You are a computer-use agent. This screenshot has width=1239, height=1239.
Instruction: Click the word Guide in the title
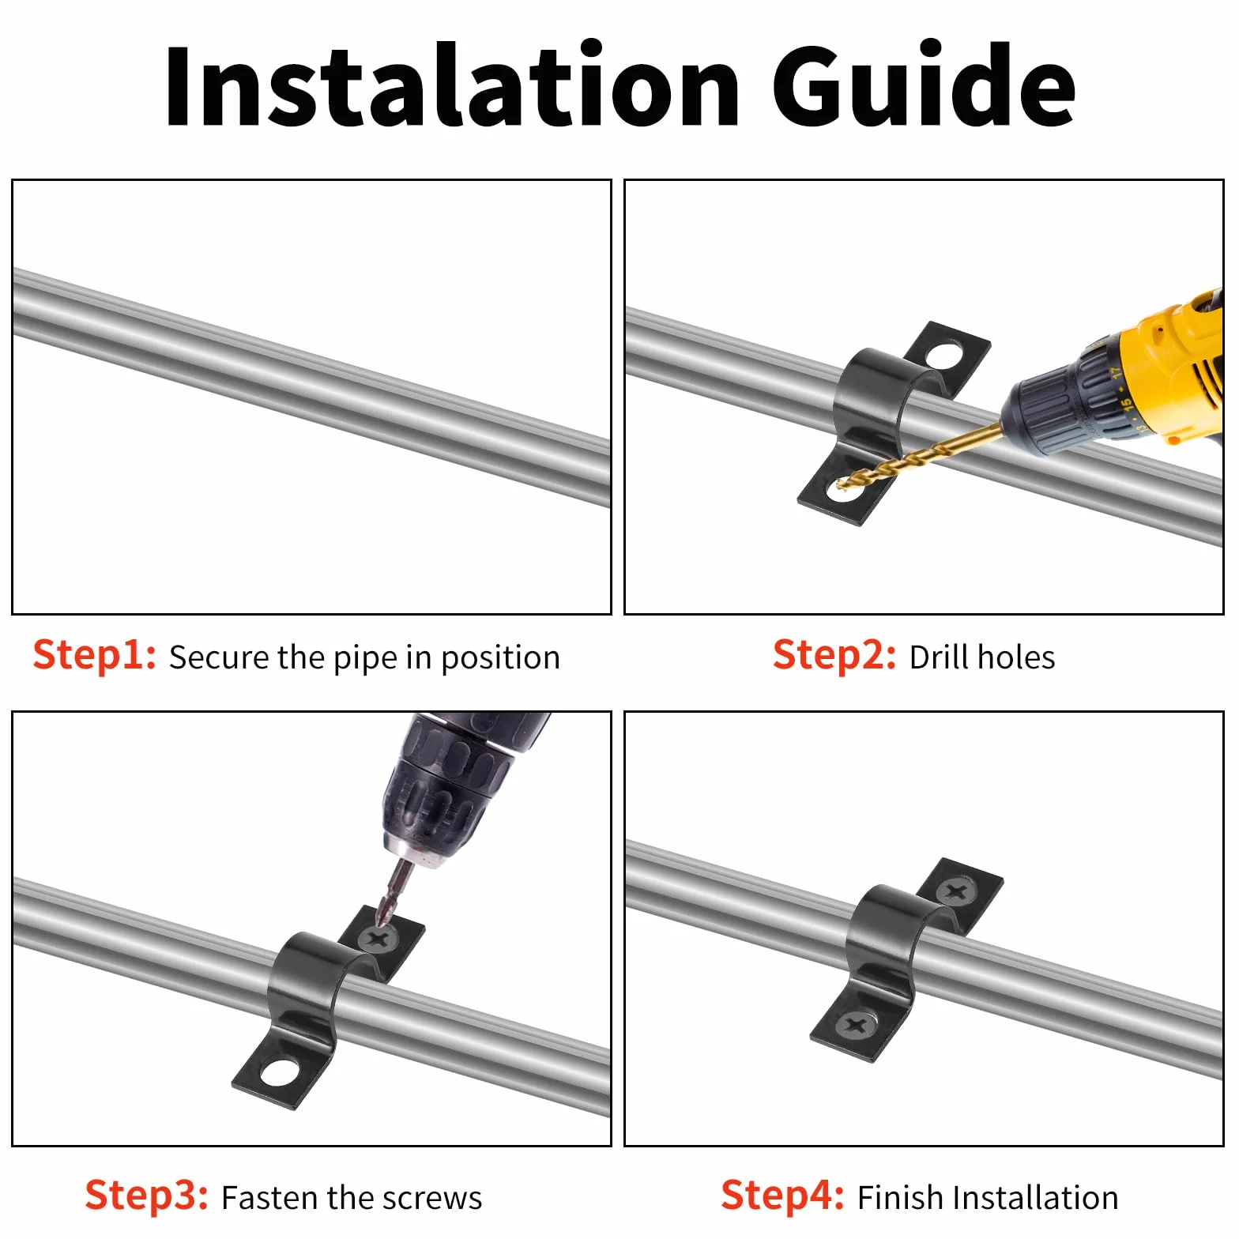924,85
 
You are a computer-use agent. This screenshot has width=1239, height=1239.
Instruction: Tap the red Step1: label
95,656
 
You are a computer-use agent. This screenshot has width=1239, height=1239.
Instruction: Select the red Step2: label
834,656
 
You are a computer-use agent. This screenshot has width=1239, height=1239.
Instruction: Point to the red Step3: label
147,1196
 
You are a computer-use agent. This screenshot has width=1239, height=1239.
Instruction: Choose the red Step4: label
783,1196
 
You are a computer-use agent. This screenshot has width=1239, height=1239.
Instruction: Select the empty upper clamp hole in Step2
945,355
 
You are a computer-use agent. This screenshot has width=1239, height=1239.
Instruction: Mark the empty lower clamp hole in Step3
280,1072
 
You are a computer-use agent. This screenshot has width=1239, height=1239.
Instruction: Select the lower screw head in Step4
857,1026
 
